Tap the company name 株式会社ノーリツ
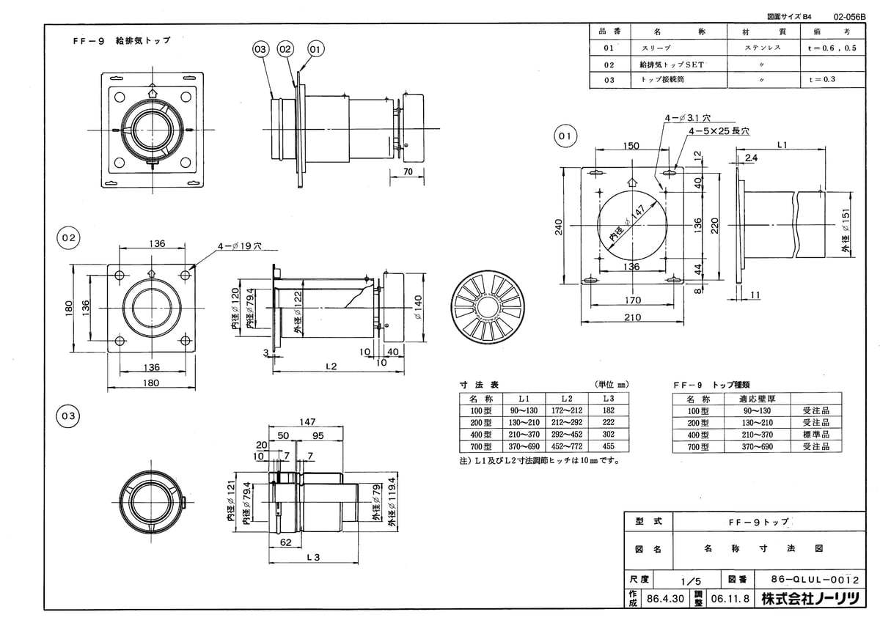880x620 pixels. [809, 599]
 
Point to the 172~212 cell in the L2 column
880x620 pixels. [565, 411]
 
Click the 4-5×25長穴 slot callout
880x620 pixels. [719, 131]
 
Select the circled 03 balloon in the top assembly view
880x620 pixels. [260, 49]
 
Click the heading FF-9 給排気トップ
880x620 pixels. [117, 41]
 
